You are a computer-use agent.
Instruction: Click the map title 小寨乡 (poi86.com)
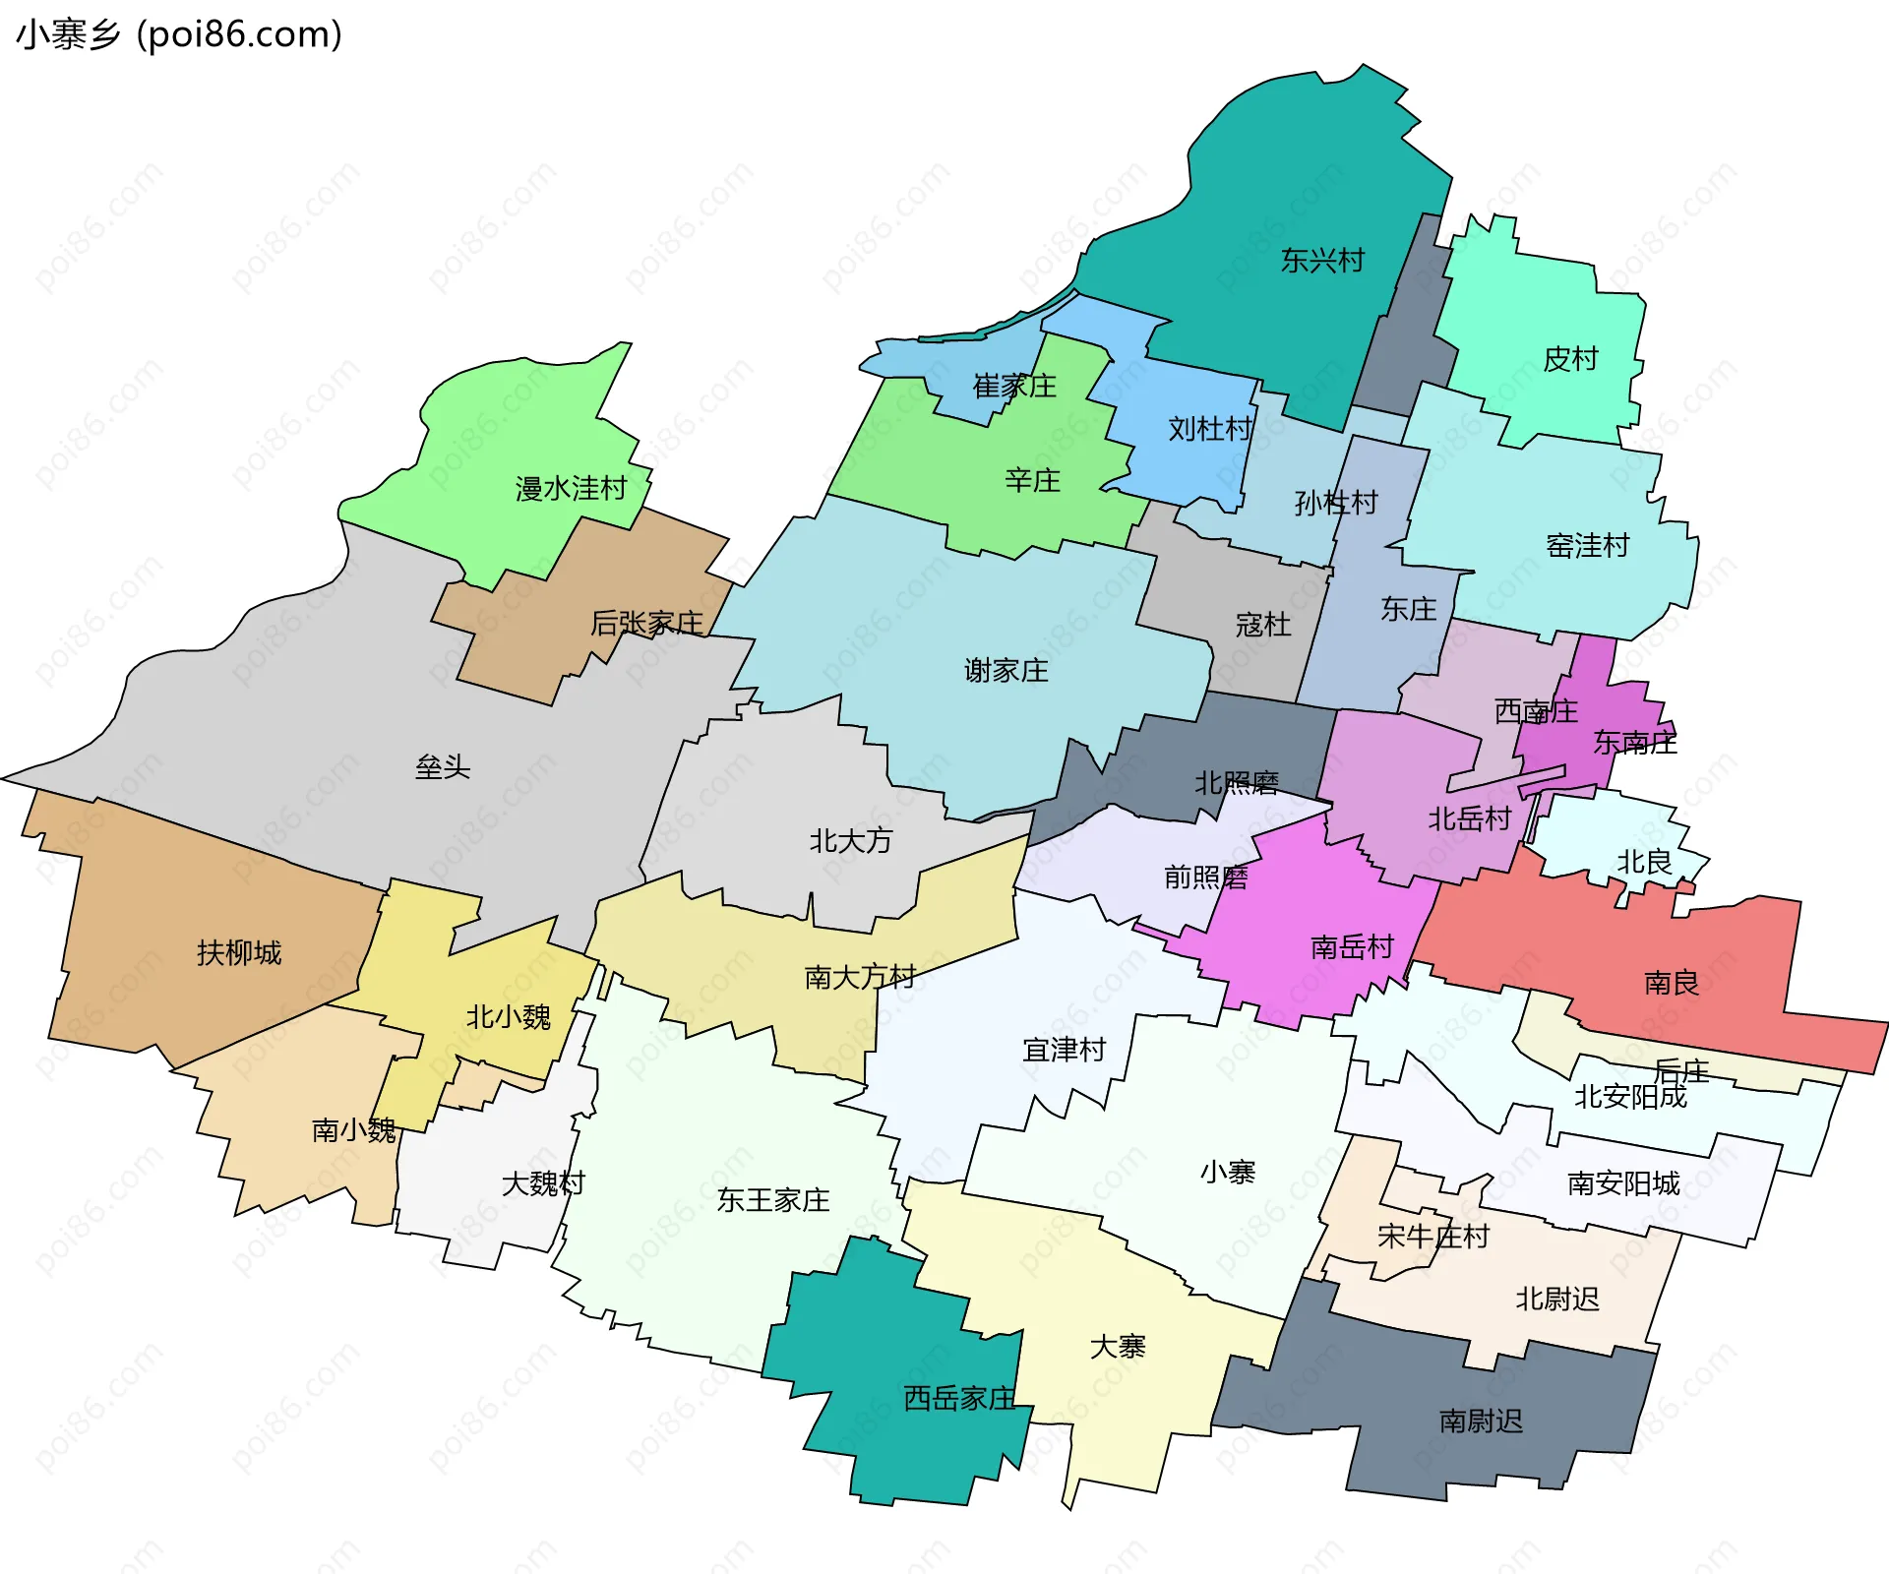179,34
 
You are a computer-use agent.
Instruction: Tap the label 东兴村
1322,261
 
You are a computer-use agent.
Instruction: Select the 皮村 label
1570,359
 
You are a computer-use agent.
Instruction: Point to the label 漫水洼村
571,489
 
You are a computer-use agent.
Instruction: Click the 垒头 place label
443,767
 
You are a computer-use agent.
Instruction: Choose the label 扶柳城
239,953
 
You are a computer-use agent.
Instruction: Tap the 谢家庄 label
1005,671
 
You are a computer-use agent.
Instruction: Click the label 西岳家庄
959,1399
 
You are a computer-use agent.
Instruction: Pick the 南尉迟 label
1481,1422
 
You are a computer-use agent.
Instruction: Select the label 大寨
1118,1347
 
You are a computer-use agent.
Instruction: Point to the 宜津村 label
1065,1051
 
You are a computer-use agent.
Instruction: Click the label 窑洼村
1588,546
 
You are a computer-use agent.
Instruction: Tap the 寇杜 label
1263,625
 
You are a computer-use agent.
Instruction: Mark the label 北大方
851,841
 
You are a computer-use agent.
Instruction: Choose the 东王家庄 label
773,1200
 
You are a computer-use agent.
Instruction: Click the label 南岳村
1353,947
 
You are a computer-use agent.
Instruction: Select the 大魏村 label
543,1183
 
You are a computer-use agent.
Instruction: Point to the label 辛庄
1032,481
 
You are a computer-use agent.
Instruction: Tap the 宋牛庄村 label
1433,1237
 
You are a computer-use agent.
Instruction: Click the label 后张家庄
646,624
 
